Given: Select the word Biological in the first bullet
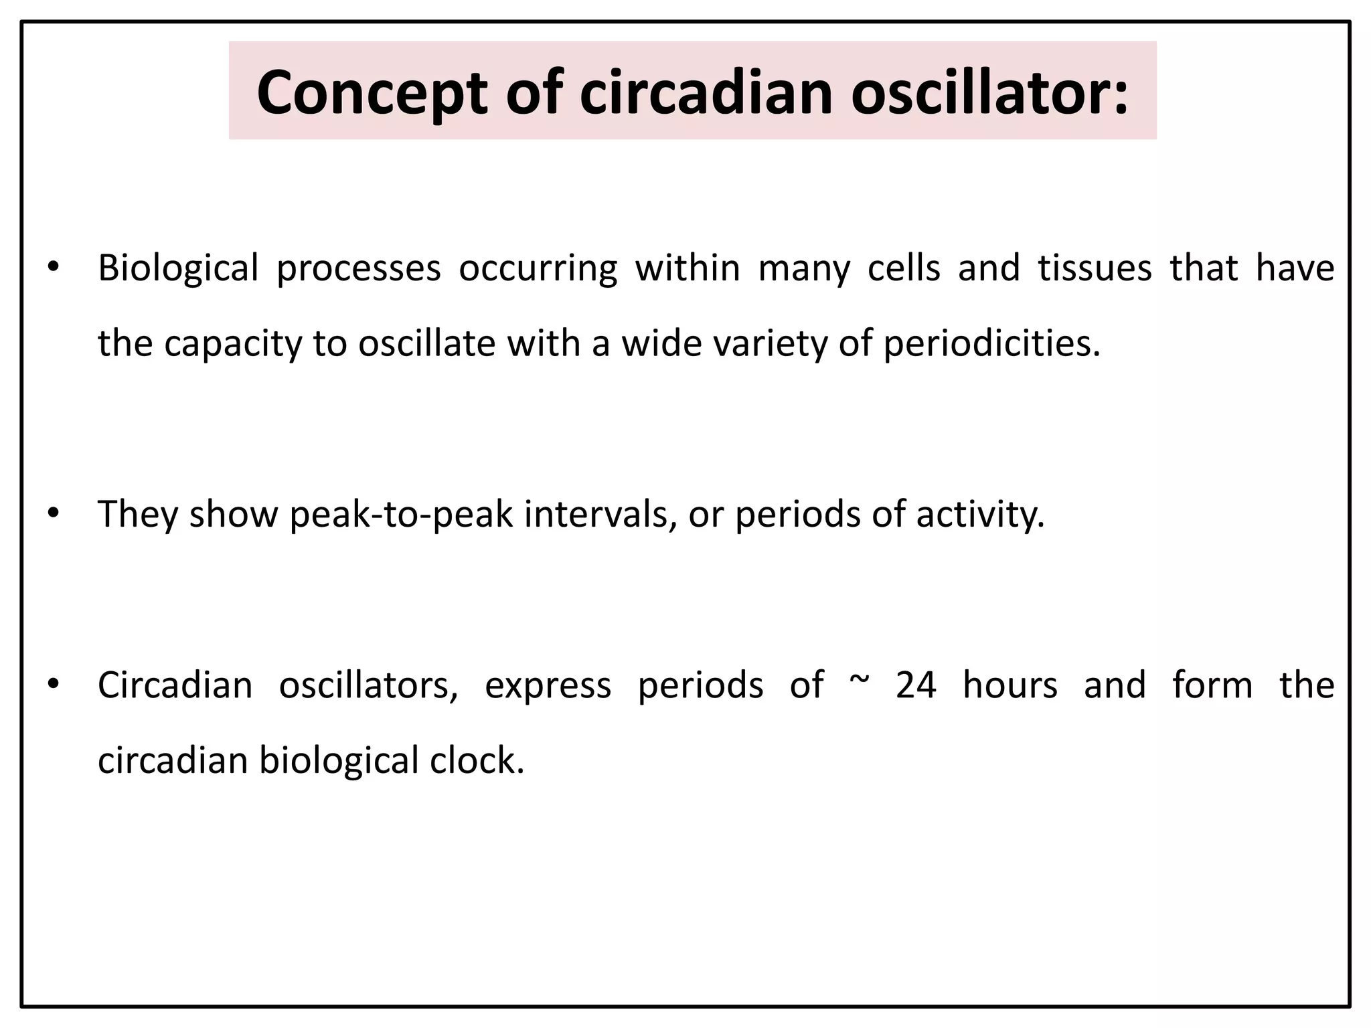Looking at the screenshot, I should [x=178, y=268].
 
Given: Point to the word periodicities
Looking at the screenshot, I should [x=991, y=343].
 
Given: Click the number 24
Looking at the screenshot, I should [x=916, y=685].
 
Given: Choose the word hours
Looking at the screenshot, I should [x=1010, y=685].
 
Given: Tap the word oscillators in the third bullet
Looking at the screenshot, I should [x=369, y=685].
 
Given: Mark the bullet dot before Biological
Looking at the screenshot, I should [x=53, y=268].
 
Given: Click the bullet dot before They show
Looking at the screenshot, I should [x=53, y=514].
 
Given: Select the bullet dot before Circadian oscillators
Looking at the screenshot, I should [x=53, y=685].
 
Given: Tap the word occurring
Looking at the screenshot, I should [x=538, y=269].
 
